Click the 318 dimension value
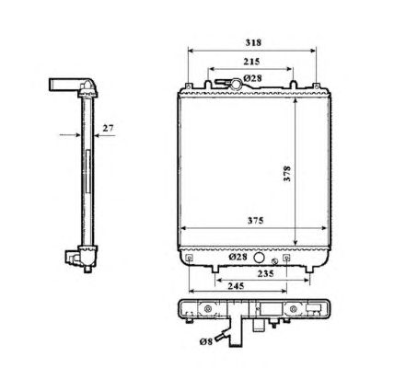pyautogui.click(x=253, y=42)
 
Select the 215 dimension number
pyautogui.click(x=251, y=62)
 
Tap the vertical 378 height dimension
pyautogui.click(x=287, y=174)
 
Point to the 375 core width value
pyautogui.click(x=256, y=221)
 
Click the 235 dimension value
pyautogui.click(x=265, y=273)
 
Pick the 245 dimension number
pyautogui.click(x=236, y=286)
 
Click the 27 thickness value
pyautogui.click(x=108, y=128)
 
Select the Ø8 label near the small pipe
pyautogui.click(x=206, y=341)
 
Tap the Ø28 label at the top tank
pyautogui.click(x=253, y=78)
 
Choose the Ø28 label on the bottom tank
pyautogui.click(x=238, y=257)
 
